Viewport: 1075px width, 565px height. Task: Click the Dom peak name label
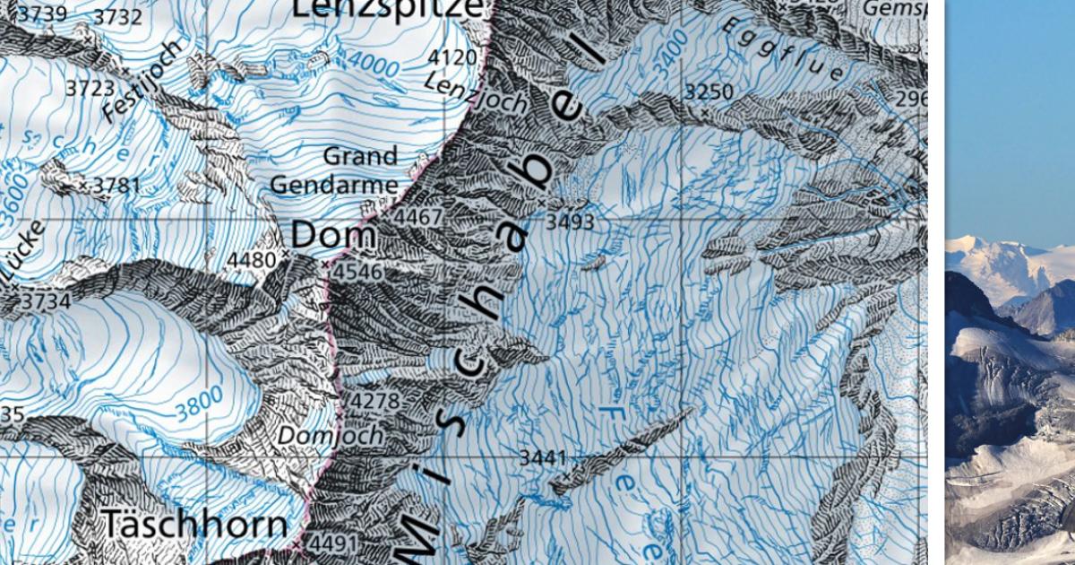[x=334, y=236]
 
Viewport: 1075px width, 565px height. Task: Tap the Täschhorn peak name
[x=194, y=524]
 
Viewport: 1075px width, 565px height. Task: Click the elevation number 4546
[x=357, y=272]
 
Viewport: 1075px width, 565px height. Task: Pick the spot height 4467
[x=417, y=218]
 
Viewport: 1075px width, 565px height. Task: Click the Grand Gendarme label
[x=334, y=170]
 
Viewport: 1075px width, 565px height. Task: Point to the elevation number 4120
[x=452, y=58]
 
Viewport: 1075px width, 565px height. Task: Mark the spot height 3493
[x=570, y=222]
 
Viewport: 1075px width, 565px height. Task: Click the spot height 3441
[x=543, y=458]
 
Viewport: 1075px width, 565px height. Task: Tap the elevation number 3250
[x=709, y=91]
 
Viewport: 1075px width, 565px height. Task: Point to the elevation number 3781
[x=117, y=186]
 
